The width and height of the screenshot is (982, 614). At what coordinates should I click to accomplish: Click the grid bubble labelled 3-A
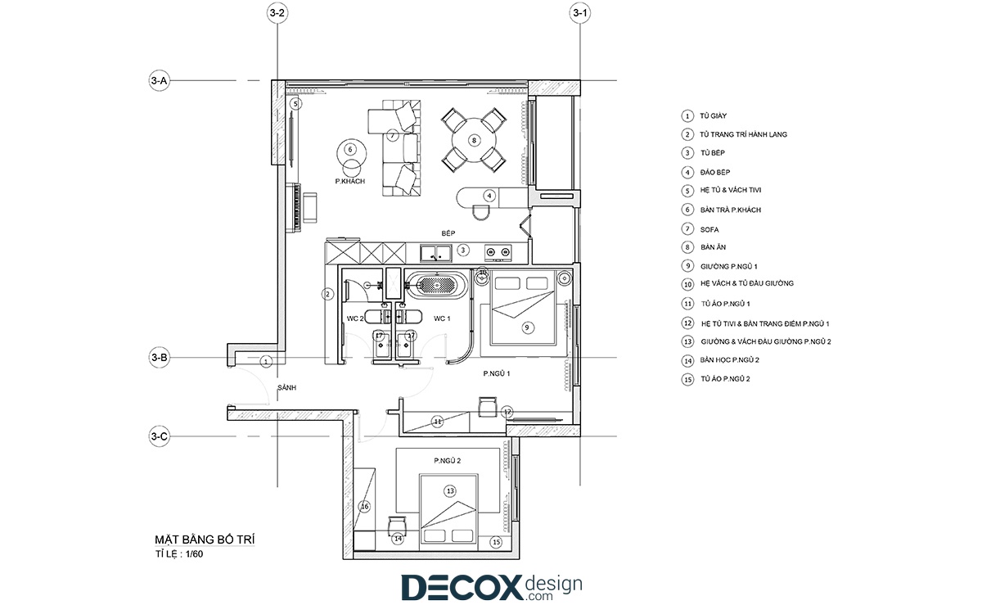pyautogui.click(x=159, y=81)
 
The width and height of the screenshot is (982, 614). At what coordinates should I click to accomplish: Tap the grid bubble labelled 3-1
pyautogui.click(x=580, y=13)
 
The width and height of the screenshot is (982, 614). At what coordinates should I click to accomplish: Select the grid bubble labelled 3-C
pyautogui.click(x=159, y=436)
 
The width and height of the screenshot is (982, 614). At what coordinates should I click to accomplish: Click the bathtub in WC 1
pyautogui.click(x=437, y=285)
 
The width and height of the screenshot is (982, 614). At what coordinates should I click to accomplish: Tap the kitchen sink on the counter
pyautogui.click(x=435, y=253)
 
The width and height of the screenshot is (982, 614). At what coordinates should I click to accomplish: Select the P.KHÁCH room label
pyautogui.click(x=350, y=181)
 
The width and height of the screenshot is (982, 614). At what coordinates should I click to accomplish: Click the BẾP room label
pyautogui.click(x=448, y=233)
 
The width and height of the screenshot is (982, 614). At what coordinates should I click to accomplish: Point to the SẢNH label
pyautogui.click(x=286, y=388)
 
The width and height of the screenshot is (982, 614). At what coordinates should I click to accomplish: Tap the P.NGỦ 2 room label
pyautogui.click(x=447, y=460)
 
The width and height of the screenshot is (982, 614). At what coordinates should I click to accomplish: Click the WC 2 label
pyautogui.click(x=355, y=318)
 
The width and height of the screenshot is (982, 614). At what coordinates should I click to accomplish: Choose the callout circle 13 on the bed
pyautogui.click(x=450, y=491)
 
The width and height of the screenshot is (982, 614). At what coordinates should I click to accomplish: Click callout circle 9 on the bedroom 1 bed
pyautogui.click(x=527, y=327)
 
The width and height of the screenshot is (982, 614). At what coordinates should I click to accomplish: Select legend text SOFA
pyautogui.click(x=709, y=229)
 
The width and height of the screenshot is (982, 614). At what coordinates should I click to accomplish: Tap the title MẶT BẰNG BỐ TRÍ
pyautogui.click(x=205, y=540)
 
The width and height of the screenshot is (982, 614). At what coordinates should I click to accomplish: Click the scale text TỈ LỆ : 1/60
pyautogui.click(x=179, y=554)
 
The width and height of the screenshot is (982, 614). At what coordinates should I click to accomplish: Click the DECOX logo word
pyautogui.click(x=462, y=588)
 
